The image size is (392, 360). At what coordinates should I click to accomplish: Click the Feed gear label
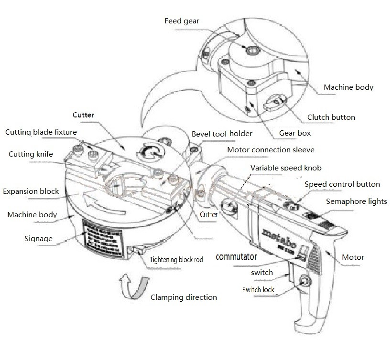(x=182, y=21)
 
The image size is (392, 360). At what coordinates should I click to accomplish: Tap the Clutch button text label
(x=331, y=117)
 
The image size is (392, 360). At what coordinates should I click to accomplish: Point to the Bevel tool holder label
(x=222, y=134)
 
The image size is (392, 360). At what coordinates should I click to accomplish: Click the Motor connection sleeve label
(x=271, y=150)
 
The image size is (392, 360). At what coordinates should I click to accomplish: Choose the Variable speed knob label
(x=286, y=168)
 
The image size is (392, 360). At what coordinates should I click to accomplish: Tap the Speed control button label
(x=342, y=184)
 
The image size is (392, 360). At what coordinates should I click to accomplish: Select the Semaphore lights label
(x=356, y=201)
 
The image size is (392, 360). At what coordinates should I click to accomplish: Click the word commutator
(x=236, y=257)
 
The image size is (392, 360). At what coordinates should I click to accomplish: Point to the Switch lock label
(x=258, y=289)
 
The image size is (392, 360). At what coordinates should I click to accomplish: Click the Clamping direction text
(x=184, y=297)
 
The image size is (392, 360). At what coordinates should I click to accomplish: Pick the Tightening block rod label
(x=176, y=260)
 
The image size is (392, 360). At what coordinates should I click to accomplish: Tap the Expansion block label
(x=31, y=191)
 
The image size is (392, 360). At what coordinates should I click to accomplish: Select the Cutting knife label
(x=31, y=154)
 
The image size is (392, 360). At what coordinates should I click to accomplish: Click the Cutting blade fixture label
(x=41, y=132)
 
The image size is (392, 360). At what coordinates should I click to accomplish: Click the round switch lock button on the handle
(x=303, y=282)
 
